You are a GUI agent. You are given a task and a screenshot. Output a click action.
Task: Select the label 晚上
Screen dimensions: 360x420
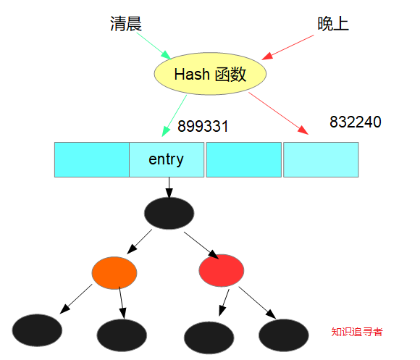coord(332,24)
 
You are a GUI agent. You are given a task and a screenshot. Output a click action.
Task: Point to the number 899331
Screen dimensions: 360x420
coord(203,127)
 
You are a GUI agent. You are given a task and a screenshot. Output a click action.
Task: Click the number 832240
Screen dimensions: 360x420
coord(355,122)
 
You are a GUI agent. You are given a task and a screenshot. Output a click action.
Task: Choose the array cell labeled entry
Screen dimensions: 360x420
coord(166,159)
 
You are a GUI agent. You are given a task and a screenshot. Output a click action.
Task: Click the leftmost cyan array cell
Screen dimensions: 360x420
coord(91,159)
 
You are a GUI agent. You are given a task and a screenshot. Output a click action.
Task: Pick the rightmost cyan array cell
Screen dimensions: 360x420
coord(321,159)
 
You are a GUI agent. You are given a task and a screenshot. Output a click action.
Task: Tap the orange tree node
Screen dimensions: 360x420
coord(114,272)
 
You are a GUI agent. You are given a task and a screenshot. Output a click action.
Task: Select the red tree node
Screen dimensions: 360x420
coord(221,270)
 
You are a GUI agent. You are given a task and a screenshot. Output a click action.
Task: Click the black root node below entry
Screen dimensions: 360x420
coord(169,212)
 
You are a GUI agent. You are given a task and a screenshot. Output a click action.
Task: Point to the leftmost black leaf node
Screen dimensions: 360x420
coord(37,330)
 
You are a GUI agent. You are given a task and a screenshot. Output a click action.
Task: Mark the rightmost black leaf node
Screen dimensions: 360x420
coord(283,334)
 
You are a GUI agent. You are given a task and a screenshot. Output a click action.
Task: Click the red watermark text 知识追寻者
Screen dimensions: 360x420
coord(357,332)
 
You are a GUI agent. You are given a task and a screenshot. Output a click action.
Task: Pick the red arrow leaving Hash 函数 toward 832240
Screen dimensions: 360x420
coord(278,112)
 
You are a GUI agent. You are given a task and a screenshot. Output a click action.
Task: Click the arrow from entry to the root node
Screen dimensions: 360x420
coord(169,187)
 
